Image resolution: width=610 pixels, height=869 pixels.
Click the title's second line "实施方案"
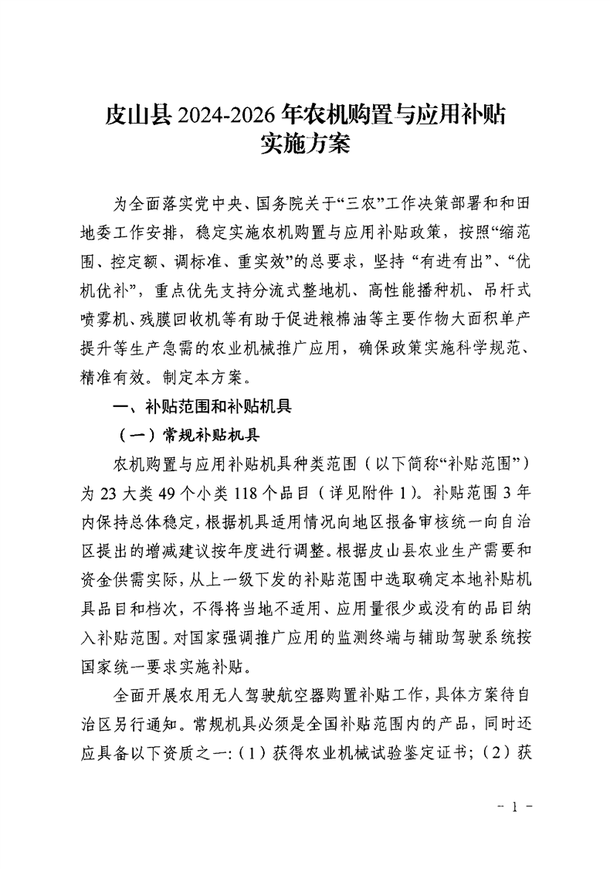(306, 144)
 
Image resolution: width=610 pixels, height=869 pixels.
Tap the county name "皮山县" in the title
(139, 115)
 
